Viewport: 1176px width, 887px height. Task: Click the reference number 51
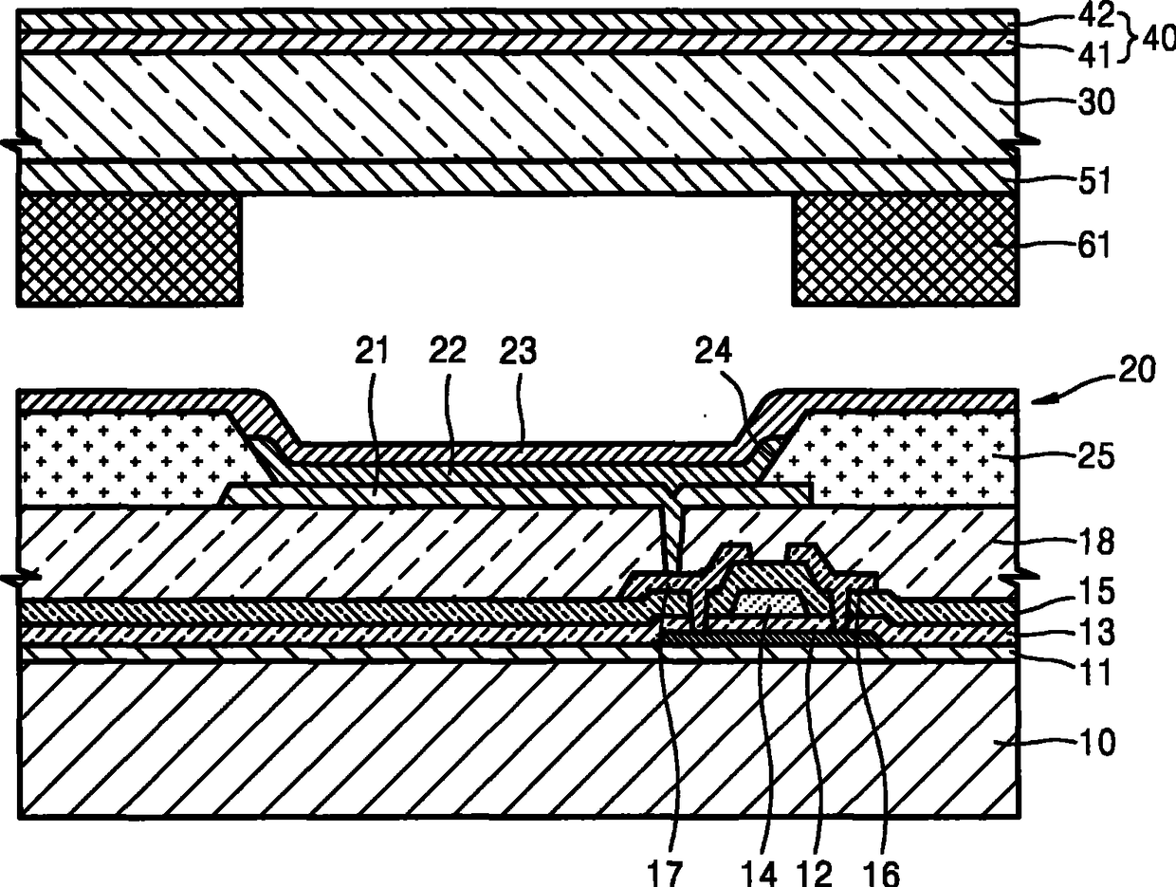tap(1088, 181)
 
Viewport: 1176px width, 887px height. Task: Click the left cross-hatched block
tap(129, 249)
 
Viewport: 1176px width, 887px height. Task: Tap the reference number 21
tap(372, 353)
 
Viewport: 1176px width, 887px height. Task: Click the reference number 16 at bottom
tap(882, 871)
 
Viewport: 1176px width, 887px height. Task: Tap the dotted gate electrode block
tap(768, 602)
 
